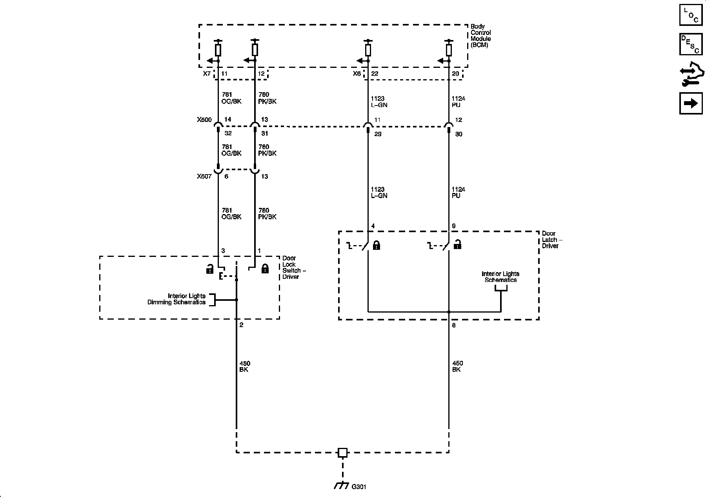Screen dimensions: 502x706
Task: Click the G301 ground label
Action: click(359, 487)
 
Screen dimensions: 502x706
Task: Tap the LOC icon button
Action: click(691, 15)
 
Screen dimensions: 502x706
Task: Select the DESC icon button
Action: click(691, 44)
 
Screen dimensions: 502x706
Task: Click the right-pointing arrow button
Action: click(691, 103)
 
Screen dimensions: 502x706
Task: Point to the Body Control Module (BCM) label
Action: click(480, 36)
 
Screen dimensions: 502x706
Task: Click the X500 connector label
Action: click(204, 120)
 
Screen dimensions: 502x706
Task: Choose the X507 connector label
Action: click(204, 176)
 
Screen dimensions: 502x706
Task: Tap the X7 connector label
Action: click(207, 74)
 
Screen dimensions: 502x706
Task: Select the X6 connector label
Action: click(357, 74)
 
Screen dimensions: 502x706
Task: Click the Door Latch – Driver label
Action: click(550, 240)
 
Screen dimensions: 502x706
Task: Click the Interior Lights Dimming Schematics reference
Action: click(176, 299)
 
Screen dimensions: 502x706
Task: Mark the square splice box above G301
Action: click(342, 453)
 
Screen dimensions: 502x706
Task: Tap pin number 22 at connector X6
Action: click(375, 74)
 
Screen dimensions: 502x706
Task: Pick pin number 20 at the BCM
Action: click(455, 74)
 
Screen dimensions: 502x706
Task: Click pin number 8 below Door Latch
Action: click(454, 326)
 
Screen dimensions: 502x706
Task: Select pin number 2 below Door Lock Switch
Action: click(241, 325)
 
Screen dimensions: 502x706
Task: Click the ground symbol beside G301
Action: click(341, 486)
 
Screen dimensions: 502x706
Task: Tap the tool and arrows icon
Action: click(691, 76)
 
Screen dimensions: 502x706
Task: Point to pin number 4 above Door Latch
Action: click(373, 226)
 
